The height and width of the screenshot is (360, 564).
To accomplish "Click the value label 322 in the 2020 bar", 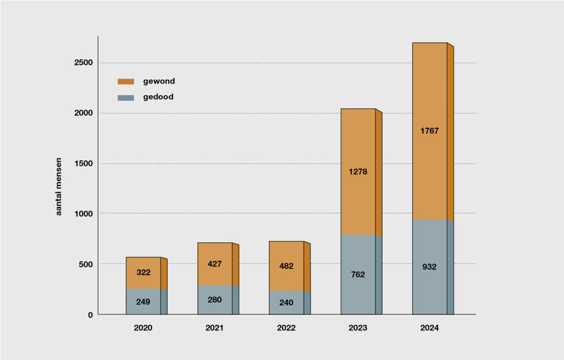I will point(143,272).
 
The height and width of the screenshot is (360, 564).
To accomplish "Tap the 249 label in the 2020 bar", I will point(143,302).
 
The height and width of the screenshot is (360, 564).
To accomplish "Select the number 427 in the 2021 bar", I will point(215,264).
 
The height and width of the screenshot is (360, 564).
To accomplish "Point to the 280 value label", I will point(215,299).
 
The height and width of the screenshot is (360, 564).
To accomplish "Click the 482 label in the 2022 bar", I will point(286,266).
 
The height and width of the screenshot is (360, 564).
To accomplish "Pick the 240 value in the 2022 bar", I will point(286,302).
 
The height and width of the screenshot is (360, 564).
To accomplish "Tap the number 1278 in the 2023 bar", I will point(358,172).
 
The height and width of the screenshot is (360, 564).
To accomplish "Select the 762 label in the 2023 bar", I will point(358,274).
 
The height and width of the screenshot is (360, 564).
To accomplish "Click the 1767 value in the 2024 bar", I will point(430,131).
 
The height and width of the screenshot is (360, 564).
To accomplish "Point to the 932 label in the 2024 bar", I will point(430,267).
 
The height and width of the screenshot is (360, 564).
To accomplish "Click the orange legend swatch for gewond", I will point(126,81).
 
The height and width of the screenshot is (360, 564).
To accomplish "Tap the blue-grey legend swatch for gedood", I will point(126,97).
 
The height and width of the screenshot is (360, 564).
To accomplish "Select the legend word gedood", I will point(159,97).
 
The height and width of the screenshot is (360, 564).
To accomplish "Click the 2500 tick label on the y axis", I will point(83,63).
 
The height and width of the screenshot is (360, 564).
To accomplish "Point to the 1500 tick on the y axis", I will point(83,163).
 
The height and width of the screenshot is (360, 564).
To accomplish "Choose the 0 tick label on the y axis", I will point(90,315).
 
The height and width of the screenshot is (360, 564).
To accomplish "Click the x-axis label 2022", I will point(286,328).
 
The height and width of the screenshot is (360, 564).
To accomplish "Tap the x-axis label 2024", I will point(430,328).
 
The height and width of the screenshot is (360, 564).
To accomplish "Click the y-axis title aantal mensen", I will point(59,187).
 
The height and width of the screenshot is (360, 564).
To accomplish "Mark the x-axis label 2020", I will point(143,328).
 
